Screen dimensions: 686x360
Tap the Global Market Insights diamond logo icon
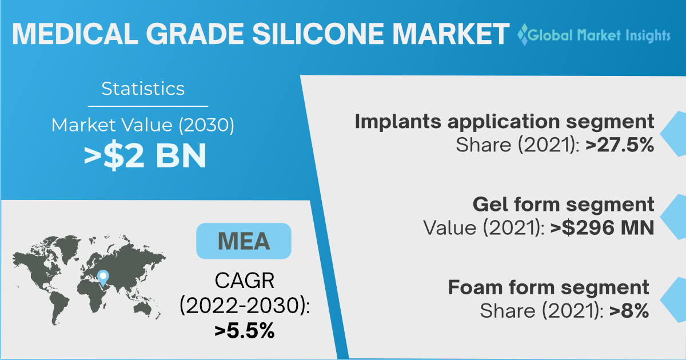tap(523, 35)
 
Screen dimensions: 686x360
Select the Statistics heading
tap(143, 89)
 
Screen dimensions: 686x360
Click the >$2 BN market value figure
tap(145, 155)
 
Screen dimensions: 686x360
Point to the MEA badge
tap(244, 241)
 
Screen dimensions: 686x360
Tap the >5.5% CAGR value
tap(244, 331)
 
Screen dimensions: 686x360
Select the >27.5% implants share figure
tap(619, 145)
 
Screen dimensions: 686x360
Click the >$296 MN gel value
tap(602, 228)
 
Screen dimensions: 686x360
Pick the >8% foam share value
tap(629, 311)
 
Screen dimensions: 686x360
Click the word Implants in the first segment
tap(398, 122)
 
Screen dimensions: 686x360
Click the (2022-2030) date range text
tap(245, 305)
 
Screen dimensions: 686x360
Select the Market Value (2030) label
tap(143, 125)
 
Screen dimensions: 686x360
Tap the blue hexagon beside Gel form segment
tap(673, 217)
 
